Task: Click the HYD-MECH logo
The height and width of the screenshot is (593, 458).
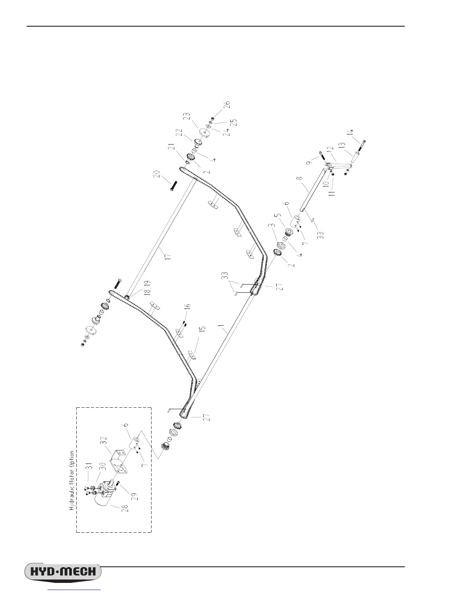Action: click(x=63, y=572)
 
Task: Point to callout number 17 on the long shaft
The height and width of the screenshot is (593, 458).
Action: click(x=168, y=258)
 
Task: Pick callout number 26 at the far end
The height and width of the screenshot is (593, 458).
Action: click(x=227, y=105)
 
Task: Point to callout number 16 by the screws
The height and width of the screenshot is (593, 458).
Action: click(x=187, y=307)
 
